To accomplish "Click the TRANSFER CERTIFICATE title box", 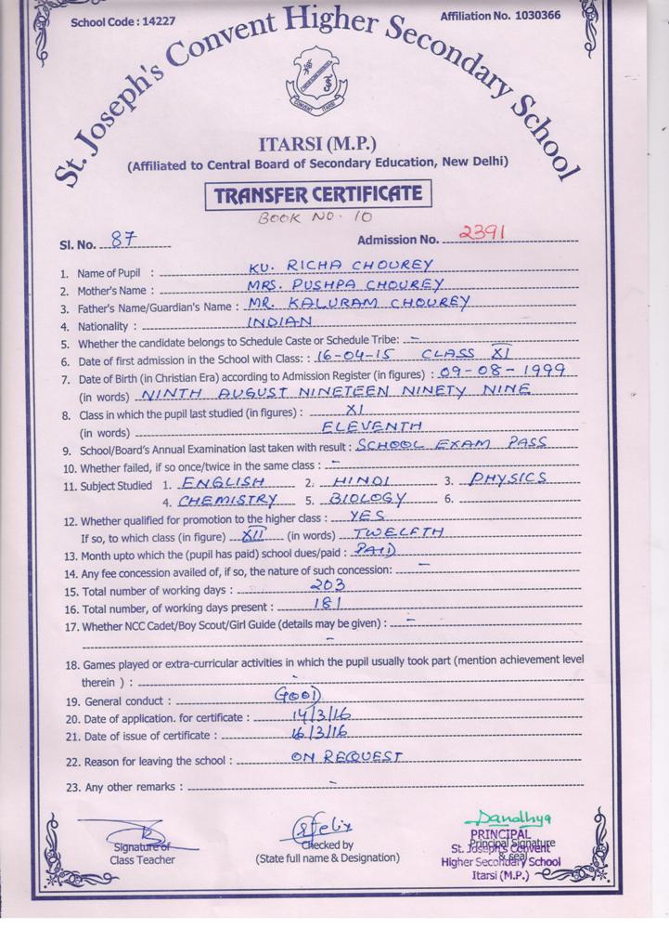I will [318, 195].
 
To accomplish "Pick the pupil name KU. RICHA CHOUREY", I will [341, 266].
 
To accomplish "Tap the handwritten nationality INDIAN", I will [278, 321].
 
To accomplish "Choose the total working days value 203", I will [328, 585].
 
